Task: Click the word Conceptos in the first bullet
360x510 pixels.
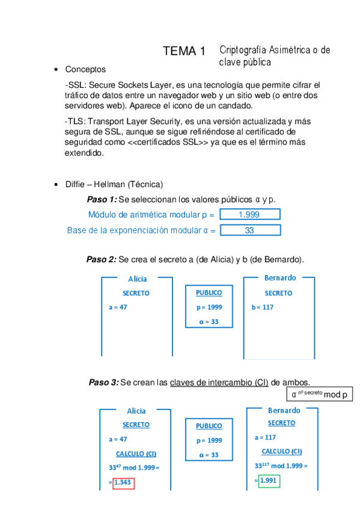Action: pyautogui.click(x=85, y=70)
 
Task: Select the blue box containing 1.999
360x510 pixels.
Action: pyautogui.click(x=249, y=215)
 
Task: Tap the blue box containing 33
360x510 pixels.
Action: pyautogui.click(x=249, y=230)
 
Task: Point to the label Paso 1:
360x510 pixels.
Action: pyautogui.click(x=102, y=200)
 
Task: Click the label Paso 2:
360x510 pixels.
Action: pyautogui.click(x=101, y=259)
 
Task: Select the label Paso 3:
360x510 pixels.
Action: pyautogui.click(x=103, y=382)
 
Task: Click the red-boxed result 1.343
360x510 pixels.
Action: pyautogui.click(x=123, y=482)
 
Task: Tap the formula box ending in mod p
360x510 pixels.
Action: pyautogui.click(x=319, y=395)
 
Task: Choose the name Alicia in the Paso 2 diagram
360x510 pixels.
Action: pyautogui.click(x=138, y=278)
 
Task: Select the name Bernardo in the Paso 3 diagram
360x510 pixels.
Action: pyautogui.click(x=284, y=410)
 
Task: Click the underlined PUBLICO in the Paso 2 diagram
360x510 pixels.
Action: pyautogui.click(x=209, y=293)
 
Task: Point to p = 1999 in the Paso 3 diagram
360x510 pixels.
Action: pyautogui.click(x=209, y=440)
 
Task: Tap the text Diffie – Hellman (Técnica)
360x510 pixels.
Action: pyautogui.click(x=114, y=184)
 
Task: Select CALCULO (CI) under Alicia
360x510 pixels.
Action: pyautogui.click(x=136, y=453)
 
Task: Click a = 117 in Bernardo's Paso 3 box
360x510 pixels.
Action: pyautogui.click(x=265, y=437)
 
